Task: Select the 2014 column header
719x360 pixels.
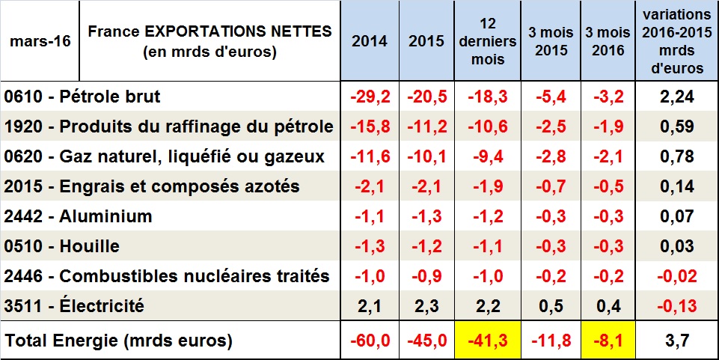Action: point(370,41)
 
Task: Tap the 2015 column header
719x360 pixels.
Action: point(426,41)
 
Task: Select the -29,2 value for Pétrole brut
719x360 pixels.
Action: point(370,97)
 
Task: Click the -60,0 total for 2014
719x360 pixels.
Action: point(370,341)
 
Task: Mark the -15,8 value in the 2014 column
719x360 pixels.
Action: point(370,126)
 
